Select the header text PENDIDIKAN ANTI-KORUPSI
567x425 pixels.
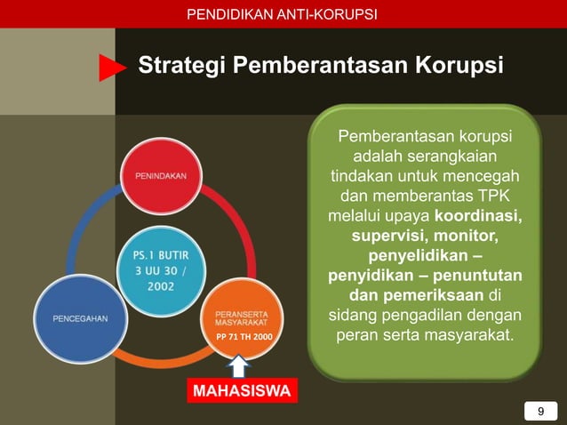point(283,14)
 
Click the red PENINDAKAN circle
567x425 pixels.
point(161,176)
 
